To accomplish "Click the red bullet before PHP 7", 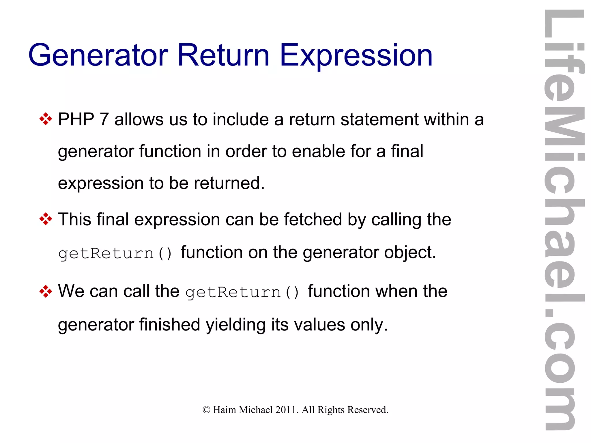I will click(x=46, y=119).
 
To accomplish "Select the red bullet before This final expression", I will click(x=46, y=219).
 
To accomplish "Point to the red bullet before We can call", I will click(x=46, y=291).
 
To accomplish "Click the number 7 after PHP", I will click(x=104, y=119).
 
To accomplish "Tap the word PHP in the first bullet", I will click(x=76, y=119).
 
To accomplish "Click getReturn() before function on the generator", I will click(x=115, y=253).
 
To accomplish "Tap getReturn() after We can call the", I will click(x=242, y=292).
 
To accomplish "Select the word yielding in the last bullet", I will click(x=235, y=325).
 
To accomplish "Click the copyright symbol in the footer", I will click(x=206, y=410).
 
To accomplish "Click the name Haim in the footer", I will click(x=225, y=410).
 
